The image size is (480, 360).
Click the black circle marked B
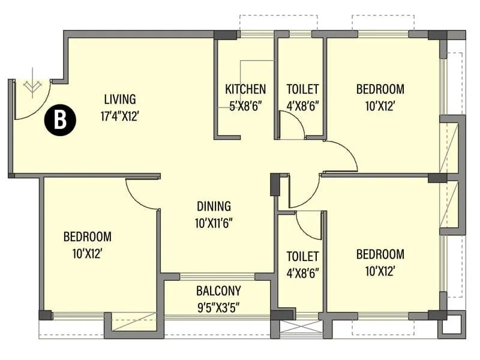tap(60, 121)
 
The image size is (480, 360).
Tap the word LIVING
tap(120, 99)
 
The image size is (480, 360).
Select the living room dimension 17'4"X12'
tap(120, 116)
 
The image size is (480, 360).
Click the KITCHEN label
tap(245, 89)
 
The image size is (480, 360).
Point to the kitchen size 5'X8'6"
tap(245, 107)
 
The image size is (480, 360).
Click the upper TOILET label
tap(302, 89)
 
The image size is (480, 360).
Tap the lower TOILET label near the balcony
tap(302, 256)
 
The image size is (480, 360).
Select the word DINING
tap(214, 206)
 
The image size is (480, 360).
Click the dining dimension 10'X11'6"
tap(214, 223)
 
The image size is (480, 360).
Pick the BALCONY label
tap(218, 292)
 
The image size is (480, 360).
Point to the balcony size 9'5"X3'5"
tap(218, 308)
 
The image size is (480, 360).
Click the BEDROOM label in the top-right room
tap(380, 89)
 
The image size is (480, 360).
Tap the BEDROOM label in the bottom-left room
tap(88, 236)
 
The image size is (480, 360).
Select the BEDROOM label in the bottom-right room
tap(380, 254)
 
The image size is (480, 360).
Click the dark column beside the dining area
tap(275, 185)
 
